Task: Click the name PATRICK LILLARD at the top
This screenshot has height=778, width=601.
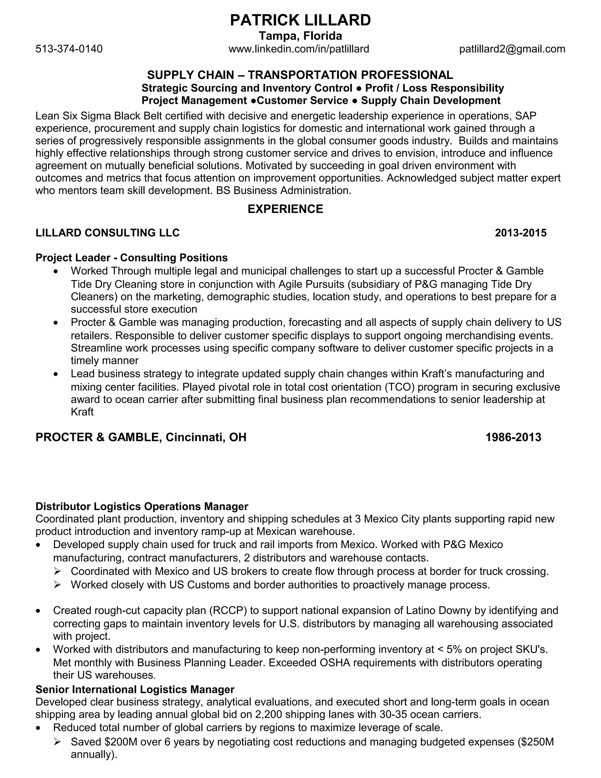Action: (300, 20)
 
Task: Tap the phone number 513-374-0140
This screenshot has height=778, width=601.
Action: (69, 49)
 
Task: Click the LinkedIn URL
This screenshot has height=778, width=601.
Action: (299, 49)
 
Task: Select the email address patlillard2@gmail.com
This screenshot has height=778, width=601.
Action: (512, 49)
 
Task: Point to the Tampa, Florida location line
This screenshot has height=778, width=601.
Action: (300, 36)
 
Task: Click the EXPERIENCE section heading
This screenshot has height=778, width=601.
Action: (285, 209)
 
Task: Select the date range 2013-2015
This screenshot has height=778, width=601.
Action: (521, 233)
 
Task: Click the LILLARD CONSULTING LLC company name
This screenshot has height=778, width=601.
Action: (107, 233)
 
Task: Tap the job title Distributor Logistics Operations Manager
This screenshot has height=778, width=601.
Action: (142, 506)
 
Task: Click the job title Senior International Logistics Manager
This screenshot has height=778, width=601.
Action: (135, 689)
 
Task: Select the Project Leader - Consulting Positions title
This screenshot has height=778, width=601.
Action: (131, 257)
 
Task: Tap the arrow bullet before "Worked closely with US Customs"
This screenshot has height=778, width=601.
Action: (57, 585)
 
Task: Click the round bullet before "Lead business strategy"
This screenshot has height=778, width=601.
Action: (55, 374)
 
